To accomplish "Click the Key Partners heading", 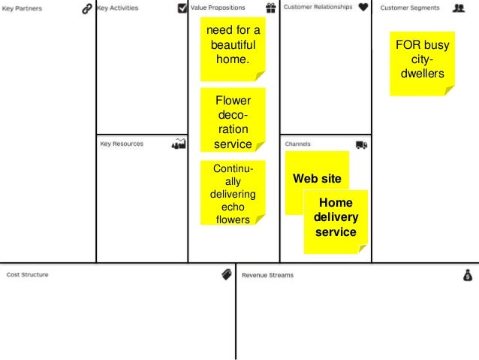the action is (23, 8).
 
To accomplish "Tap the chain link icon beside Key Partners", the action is (86, 8).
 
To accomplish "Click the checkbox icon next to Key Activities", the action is (180, 8).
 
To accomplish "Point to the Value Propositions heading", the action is (218, 8).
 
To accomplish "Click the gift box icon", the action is (270, 8).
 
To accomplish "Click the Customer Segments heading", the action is (409, 8).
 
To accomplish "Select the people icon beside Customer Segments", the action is (458, 8).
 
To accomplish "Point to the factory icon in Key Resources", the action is (178, 144).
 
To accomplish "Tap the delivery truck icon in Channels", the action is (361, 144).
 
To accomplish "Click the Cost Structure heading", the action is (28, 275).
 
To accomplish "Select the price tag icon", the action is (225, 275).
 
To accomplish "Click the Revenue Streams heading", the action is (268, 275).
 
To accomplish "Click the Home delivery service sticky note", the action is (336, 217).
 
